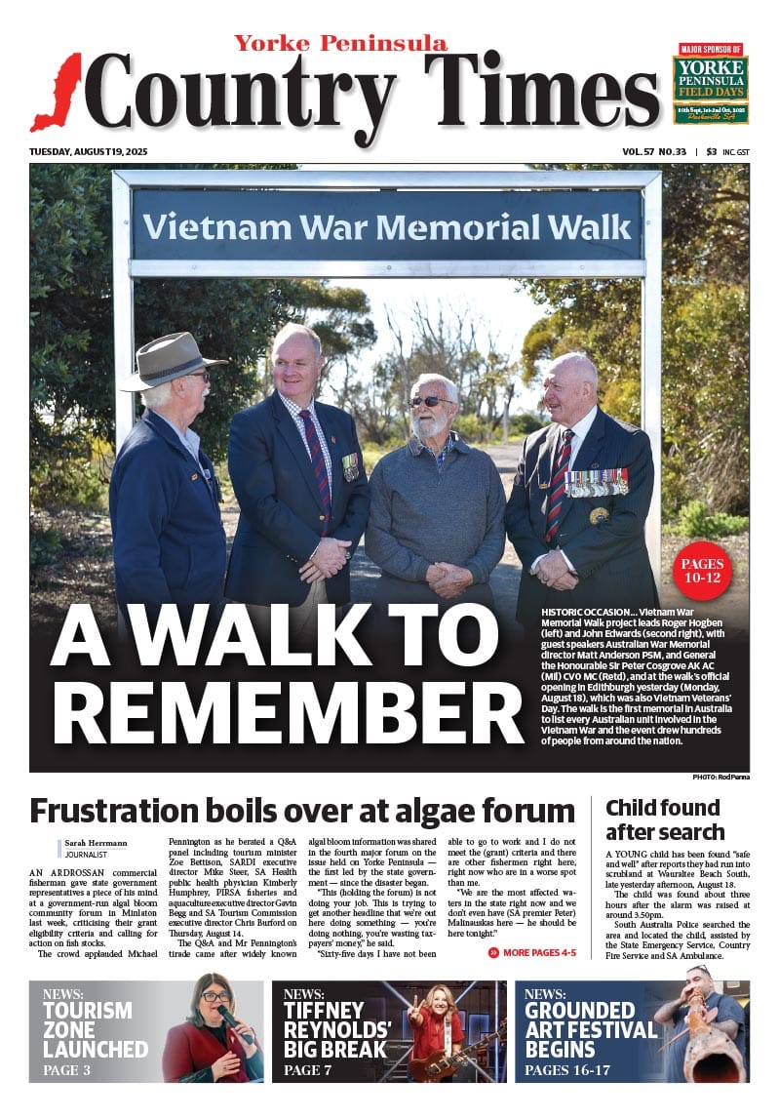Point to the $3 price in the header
[712, 152]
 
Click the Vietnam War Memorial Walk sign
[387, 226]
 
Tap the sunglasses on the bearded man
[430, 402]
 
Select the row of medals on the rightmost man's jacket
[596, 482]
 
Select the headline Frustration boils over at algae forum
[302, 811]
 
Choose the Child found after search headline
[665, 819]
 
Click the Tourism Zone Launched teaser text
[96, 1029]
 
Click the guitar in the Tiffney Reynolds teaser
[449, 1059]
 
